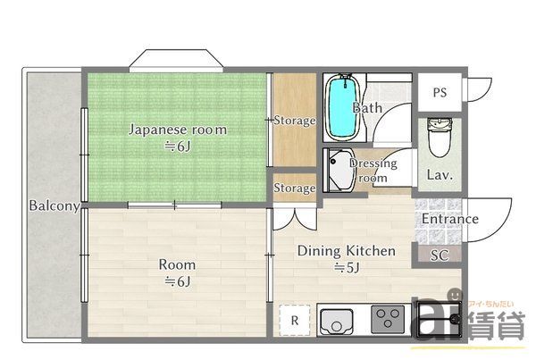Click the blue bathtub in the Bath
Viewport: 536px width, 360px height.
click(341, 107)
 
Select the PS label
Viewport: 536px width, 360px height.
click(440, 92)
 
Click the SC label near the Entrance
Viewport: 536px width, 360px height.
click(439, 255)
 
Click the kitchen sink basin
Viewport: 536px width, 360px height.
click(337, 319)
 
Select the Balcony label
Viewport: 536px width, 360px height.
click(54, 206)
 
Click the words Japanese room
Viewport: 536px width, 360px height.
click(177, 130)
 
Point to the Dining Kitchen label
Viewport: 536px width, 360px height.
click(346, 251)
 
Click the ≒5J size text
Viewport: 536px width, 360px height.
click(346, 267)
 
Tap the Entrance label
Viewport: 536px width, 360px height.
click(449, 219)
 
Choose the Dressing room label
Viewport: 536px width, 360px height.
click(373, 171)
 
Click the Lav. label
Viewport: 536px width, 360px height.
click(440, 175)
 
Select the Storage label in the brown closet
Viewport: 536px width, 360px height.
click(294, 121)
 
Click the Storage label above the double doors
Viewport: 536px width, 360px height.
click(294, 188)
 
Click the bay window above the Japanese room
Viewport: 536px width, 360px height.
click(175, 62)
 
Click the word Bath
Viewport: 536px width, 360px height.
click(367, 108)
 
